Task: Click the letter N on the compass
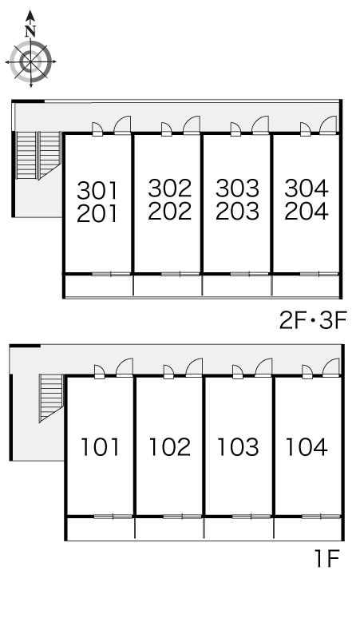[30, 30]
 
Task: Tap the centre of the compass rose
[30, 61]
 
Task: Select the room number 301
[97, 190]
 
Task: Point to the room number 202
[170, 211]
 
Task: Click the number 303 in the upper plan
[238, 188]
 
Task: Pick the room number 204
[307, 211]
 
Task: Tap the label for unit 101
[100, 447]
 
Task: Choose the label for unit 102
[170, 447]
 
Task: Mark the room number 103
[239, 447]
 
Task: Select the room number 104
[307, 447]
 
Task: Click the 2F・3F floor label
[313, 321]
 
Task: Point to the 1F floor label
[327, 558]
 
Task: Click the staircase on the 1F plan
[51, 398]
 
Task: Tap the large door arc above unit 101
[125, 367]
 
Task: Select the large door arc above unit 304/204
[329, 125]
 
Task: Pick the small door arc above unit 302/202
[167, 129]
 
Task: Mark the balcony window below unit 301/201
[111, 274]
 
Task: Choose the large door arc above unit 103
[263, 367]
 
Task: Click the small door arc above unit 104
[307, 371]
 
